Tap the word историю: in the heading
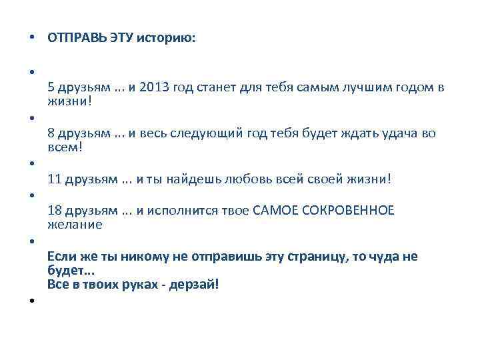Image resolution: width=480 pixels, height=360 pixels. [x=167, y=39]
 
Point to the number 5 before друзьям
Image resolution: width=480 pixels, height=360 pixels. [x=51, y=87]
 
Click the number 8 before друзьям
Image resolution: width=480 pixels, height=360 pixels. [x=51, y=133]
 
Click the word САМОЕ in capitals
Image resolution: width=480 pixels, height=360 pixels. [x=274, y=211]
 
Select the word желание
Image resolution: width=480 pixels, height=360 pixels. [x=75, y=225]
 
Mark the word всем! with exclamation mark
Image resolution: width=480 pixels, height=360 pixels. [x=65, y=147]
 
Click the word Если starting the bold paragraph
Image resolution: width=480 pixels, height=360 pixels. [x=61, y=257]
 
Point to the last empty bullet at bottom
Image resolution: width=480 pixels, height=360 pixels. [x=31, y=301]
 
